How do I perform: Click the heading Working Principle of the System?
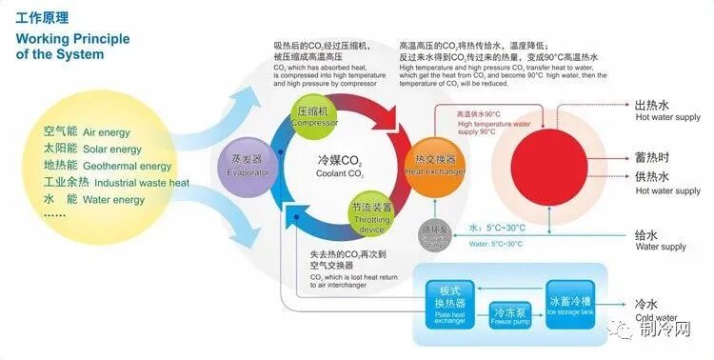coord(60,47)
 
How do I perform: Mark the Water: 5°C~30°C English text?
coord(495,244)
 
